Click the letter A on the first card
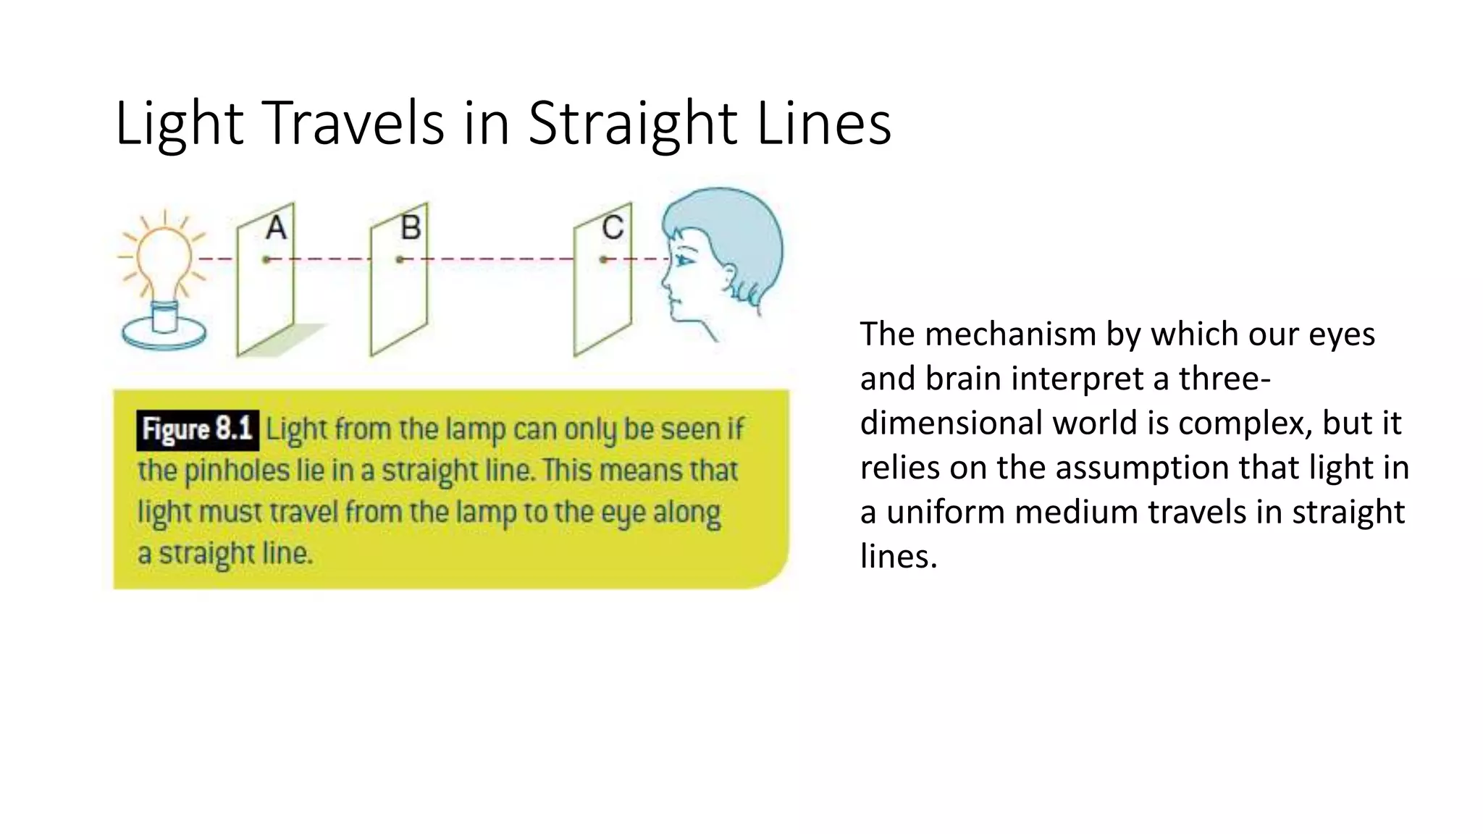tap(276, 228)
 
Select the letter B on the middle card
tap(411, 228)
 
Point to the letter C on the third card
tap(613, 228)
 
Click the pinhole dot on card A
tap(266, 259)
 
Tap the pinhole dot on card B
tap(400, 259)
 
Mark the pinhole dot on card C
tap(603, 259)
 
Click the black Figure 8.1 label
tap(197, 429)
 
